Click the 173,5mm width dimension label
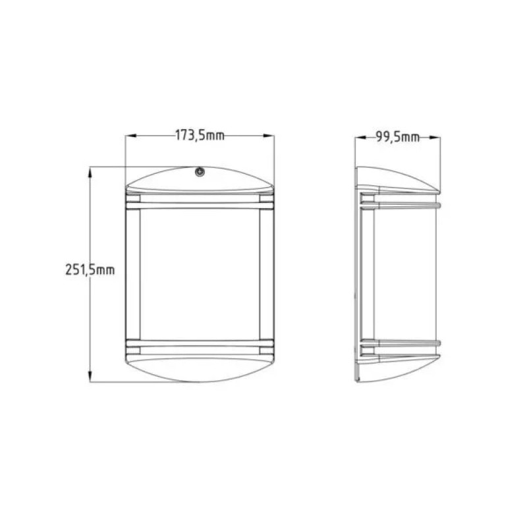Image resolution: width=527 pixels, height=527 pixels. (200, 136)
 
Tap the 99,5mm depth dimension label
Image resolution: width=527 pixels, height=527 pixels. (397, 137)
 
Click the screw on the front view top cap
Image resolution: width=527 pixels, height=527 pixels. (199, 173)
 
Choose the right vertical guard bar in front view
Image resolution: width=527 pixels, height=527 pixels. (265, 277)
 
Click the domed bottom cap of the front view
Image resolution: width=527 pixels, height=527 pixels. (199, 369)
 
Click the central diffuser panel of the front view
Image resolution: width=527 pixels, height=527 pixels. (199, 273)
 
